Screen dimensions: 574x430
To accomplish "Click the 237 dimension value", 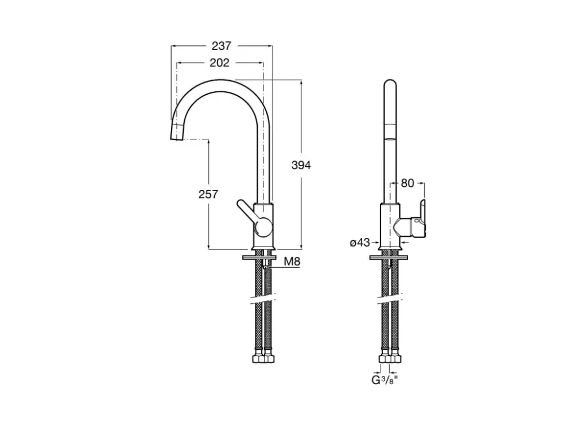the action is pyautogui.click(x=222, y=46).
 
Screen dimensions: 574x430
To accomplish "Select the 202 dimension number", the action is pyautogui.click(x=219, y=63).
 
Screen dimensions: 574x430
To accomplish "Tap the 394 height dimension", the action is pyautogui.click(x=301, y=165).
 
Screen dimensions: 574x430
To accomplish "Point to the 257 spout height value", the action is pyautogui.click(x=208, y=194).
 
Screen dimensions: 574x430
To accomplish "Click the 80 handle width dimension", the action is pyautogui.click(x=407, y=183).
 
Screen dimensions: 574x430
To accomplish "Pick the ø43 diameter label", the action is pyautogui.click(x=360, y=243).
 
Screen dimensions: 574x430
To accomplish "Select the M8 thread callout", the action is pyautogui.click(x=292, y=261).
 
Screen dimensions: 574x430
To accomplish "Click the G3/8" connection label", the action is pyautogui.click(x=385, y=380).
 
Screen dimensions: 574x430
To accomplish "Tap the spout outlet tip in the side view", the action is pyautogui.click(x=176, y=132).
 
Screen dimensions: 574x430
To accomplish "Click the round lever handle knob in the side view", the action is pyautogui.click(x=263, y=228).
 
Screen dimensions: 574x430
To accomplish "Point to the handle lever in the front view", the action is pyautogui.click(x=418, y=220).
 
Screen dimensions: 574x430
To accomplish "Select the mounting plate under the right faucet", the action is pyautogui.click(x=389, y=257).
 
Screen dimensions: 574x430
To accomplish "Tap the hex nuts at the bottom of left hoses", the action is pyautogui.click(x=263, y=357).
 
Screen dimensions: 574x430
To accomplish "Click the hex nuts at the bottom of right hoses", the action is pyautogui.click(x=390, y=357).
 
